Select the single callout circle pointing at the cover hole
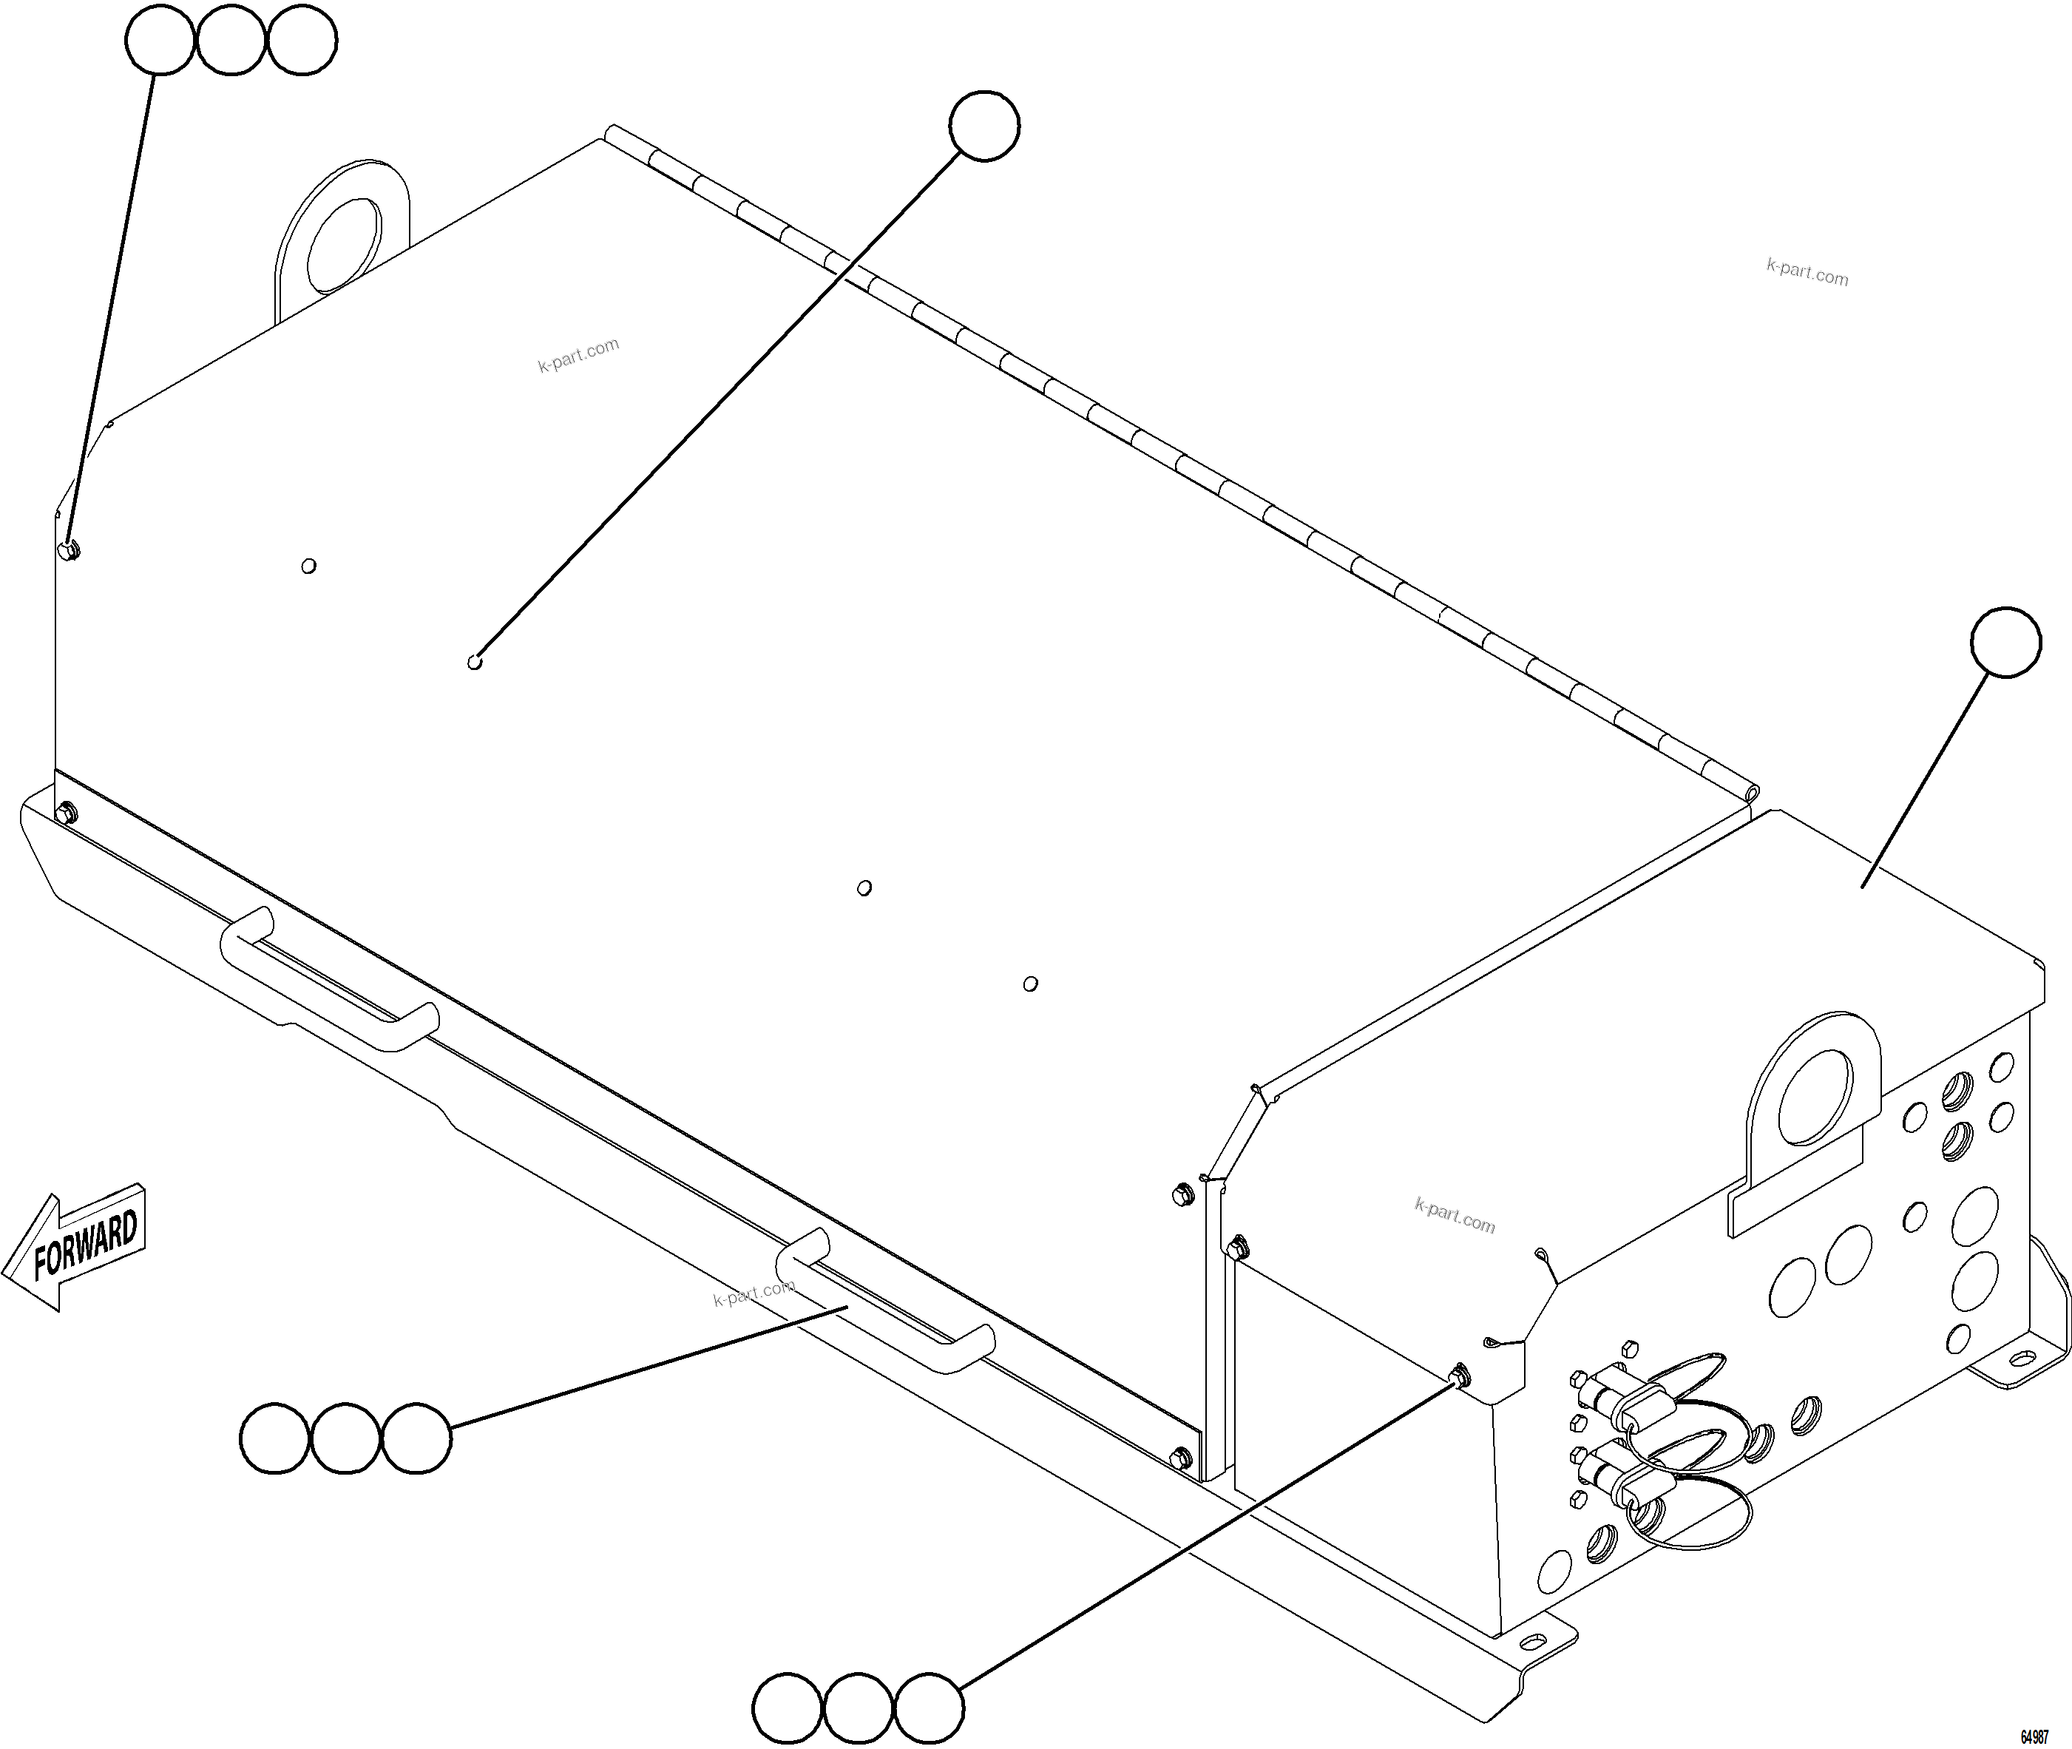tap(983, 126)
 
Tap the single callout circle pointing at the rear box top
tap(2005, 643)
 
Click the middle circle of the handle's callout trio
tap(345, 1438)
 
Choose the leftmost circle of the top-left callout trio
tap(159, 40)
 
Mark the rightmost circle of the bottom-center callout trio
tap(928, 1708)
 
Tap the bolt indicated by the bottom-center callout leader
tap(1459, 1376)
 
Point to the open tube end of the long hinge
tap(1753, 794)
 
